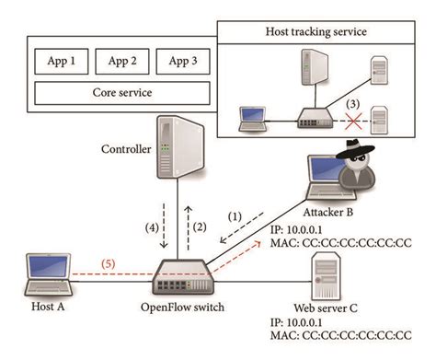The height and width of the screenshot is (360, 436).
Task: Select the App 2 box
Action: point(121,63)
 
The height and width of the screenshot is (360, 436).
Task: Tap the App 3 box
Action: point(182,63)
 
